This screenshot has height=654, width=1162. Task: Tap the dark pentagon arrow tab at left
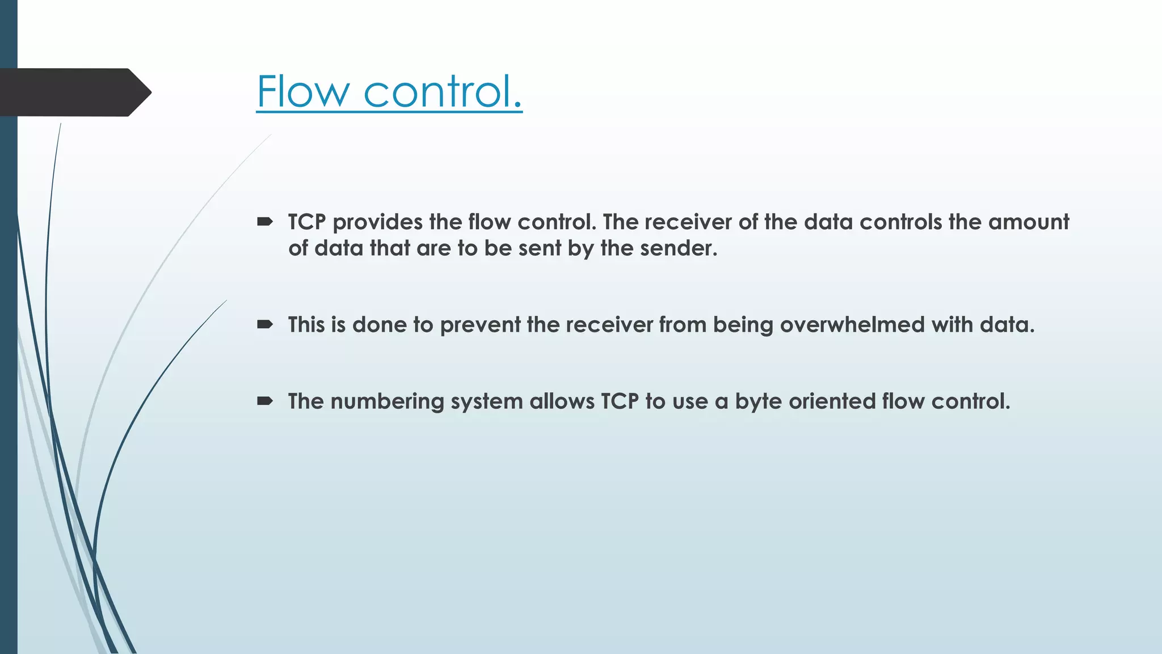[74, 92]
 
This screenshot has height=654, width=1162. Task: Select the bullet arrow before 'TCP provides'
[265, 221]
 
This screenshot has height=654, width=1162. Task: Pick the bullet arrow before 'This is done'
[265, 324]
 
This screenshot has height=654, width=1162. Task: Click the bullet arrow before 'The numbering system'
[265, 401]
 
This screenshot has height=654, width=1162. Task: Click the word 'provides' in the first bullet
[377, 222]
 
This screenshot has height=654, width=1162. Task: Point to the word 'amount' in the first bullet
[1029, 222]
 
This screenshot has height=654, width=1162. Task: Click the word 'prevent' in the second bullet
[480, 325]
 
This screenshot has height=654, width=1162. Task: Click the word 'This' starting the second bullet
[306, 325]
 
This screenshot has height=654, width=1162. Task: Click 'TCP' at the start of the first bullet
[307, 222]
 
